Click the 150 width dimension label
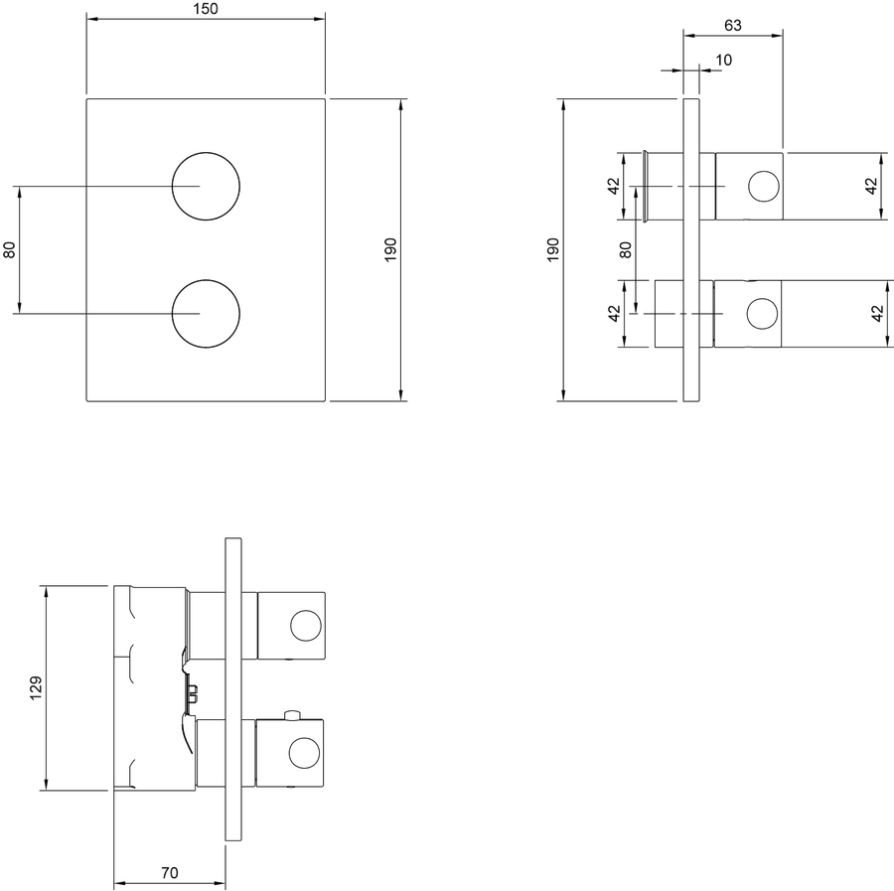point(206,9)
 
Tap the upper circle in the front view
point(172,186)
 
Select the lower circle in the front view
point(172,314)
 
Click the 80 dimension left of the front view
point(10,249)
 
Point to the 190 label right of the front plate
point(390,249)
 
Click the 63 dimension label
point(733,26)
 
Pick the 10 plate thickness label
point(723,60)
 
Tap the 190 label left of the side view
point(553,249)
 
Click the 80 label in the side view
point(626,249)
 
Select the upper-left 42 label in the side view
point(614,187)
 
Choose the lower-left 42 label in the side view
point(614,314)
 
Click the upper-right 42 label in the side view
point(870,187)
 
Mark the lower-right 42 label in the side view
point(878,314)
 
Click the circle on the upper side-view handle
point(749,187)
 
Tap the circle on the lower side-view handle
point(747,314)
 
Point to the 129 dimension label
point(36,688)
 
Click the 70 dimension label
point(169,873)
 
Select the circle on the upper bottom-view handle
point(291,626)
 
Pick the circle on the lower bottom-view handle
point(290,754)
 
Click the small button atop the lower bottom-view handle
point(292,715)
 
